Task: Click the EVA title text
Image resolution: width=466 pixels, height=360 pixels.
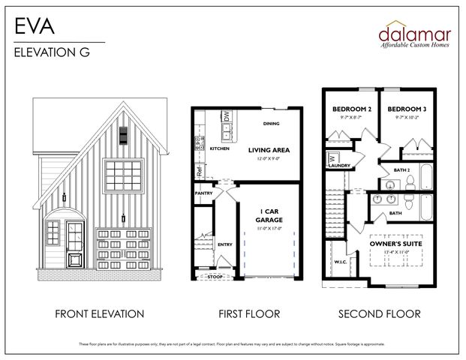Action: (x=33, y=27)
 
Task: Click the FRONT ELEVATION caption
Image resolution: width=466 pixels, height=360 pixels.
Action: (x=99, y=313)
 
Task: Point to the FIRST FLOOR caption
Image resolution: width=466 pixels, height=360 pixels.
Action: (x=249, y=313)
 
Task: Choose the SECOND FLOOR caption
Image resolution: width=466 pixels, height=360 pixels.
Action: (x=379, y=313)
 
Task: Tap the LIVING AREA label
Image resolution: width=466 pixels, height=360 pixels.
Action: (x=268, y=150)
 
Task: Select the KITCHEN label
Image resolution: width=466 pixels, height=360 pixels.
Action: (x=219, y=148)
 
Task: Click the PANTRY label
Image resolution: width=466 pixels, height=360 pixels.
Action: (x=203, y=193)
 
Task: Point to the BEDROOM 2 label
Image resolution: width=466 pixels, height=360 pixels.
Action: (x=352, y=109)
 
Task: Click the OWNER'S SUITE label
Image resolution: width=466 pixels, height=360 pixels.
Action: (x=395, y=244)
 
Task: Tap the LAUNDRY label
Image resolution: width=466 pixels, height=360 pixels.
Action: (x=340, y=165)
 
